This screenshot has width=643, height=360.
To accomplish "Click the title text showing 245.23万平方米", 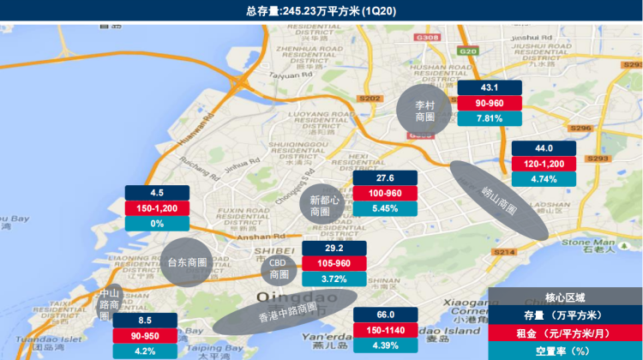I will (321, 10).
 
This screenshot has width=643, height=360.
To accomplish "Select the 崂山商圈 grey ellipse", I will (499, 199).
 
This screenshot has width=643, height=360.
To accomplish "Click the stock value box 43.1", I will (490, 88).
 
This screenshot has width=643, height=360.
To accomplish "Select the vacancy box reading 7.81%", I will (490, 118).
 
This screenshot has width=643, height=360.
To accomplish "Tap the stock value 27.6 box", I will (385, 177).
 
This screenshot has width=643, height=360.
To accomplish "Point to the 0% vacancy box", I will (157, 224).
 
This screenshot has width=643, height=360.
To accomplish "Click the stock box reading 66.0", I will (385, 315).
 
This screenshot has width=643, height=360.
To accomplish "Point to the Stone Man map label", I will (581, 243).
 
